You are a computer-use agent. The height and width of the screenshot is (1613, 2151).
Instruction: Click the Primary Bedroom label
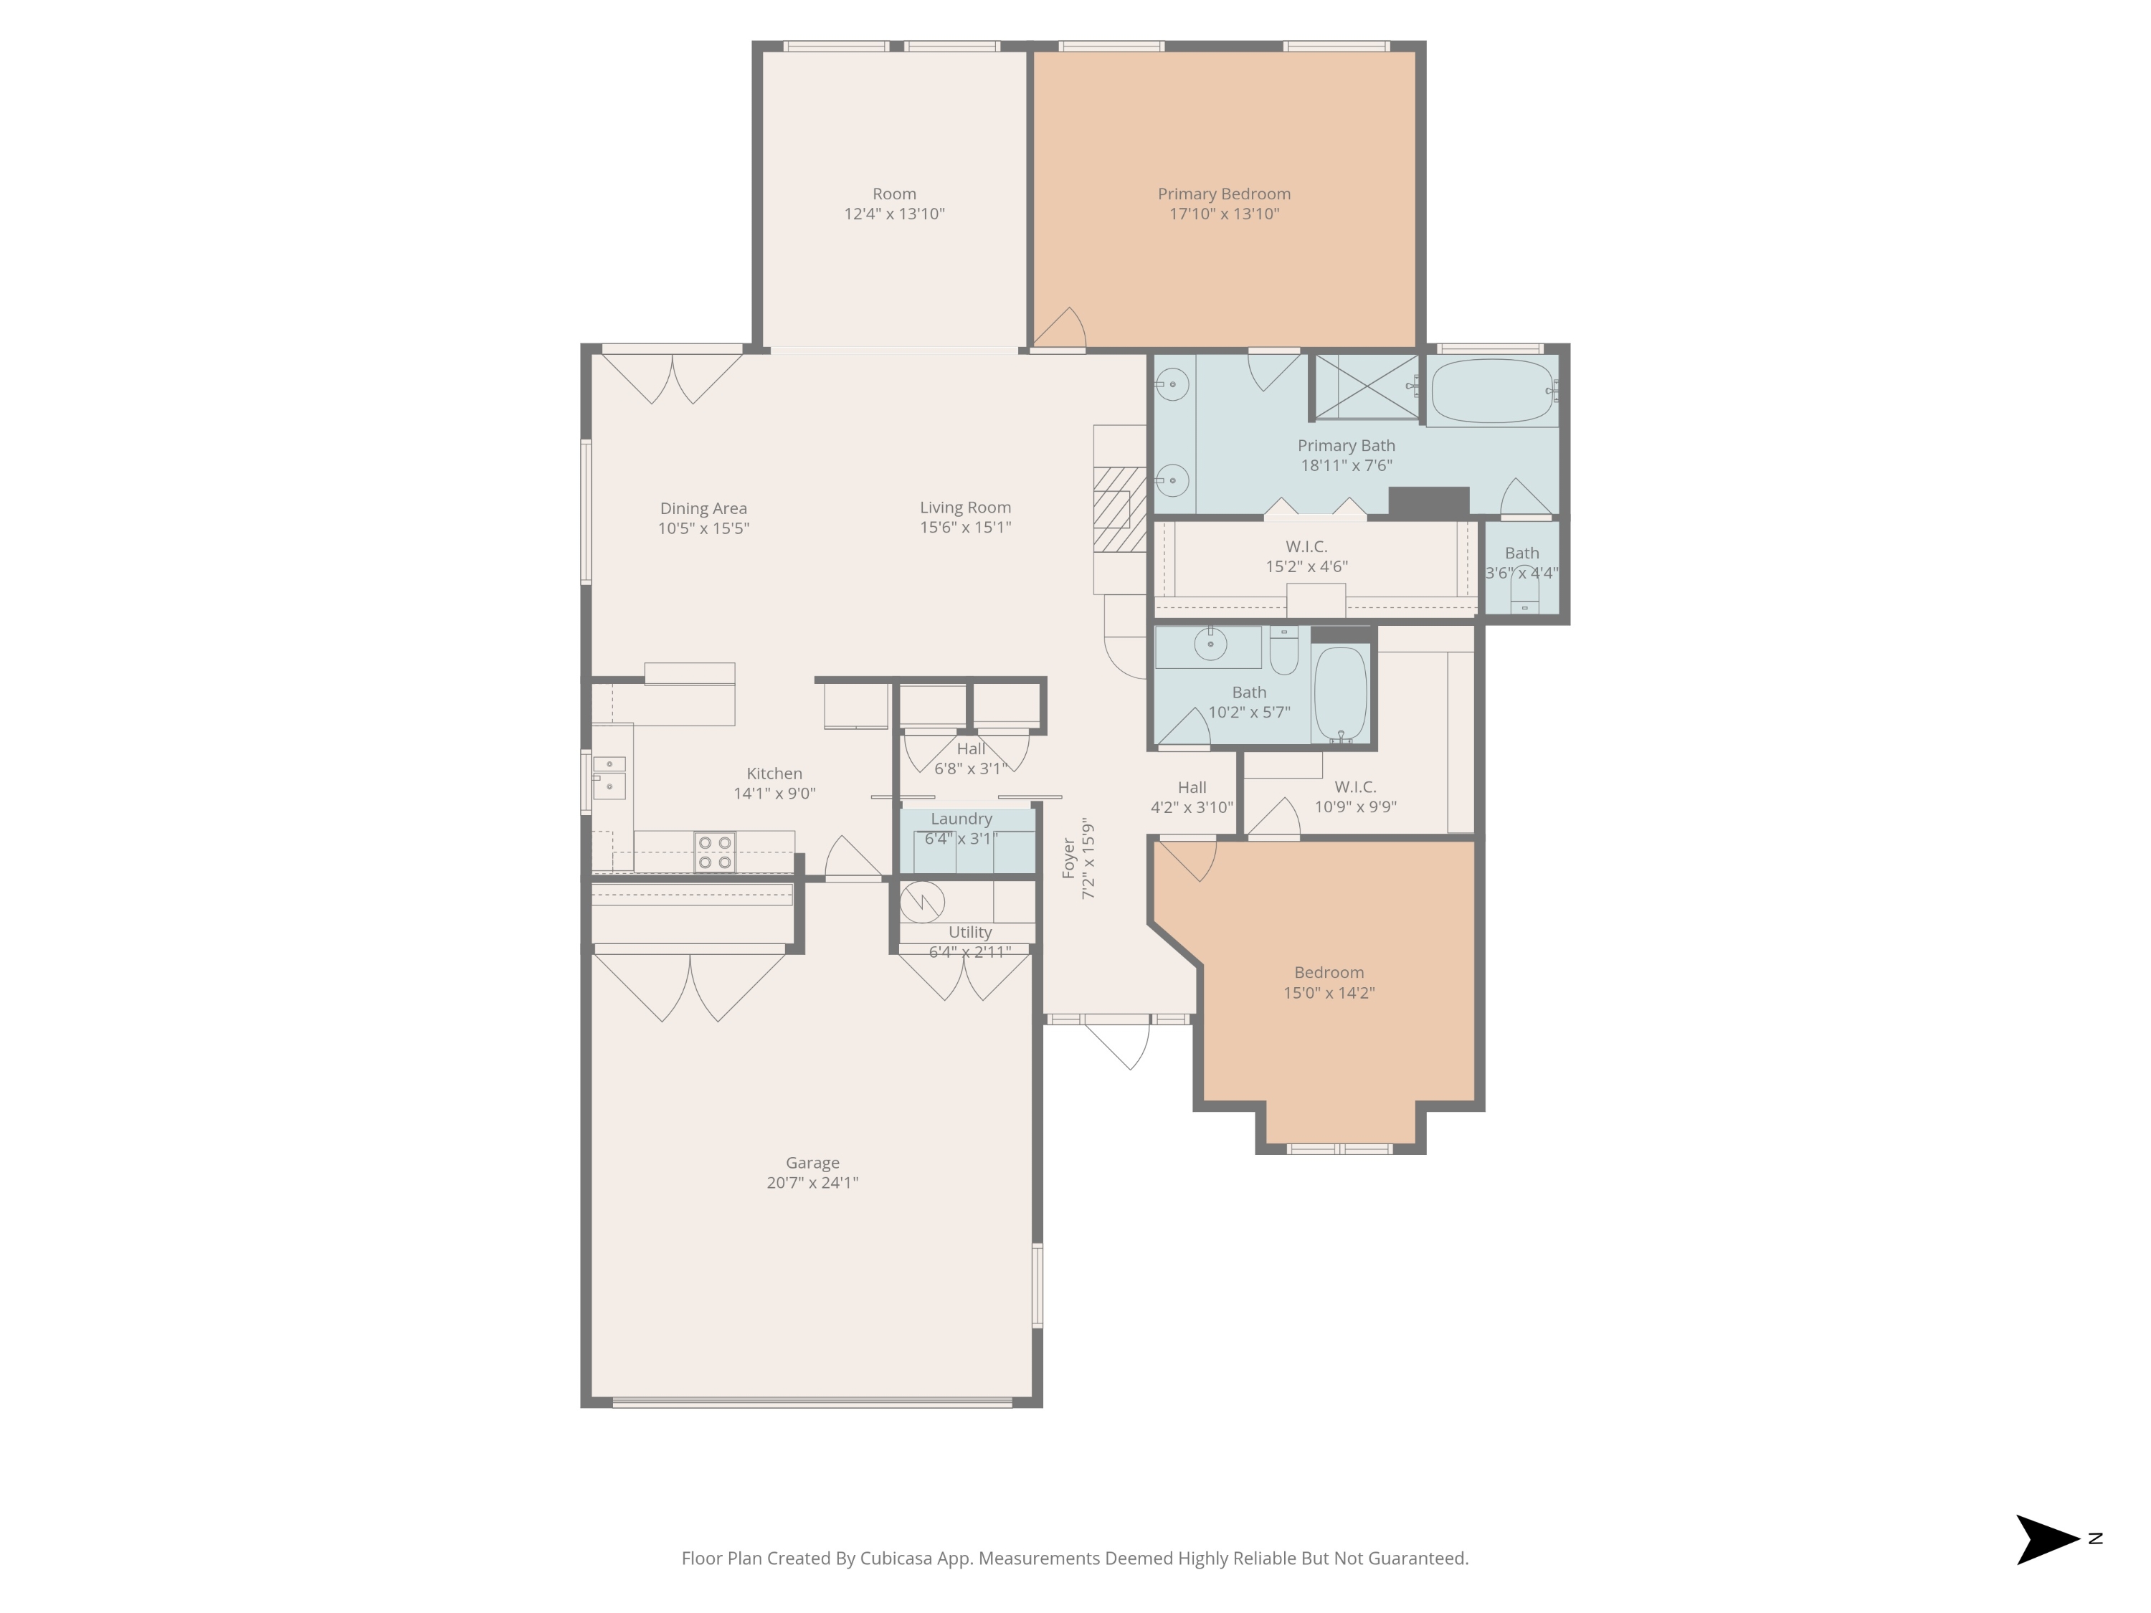[x=1223, y=194]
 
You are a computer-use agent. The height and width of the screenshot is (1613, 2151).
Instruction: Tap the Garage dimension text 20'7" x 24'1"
[x=812, y=1182]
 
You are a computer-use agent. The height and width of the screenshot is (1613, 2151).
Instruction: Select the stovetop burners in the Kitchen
[x=715, y=852]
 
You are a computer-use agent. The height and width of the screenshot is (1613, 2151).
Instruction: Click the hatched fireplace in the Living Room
[x=1119, y=510]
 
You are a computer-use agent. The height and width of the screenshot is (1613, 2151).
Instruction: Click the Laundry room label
[x=961, y=819]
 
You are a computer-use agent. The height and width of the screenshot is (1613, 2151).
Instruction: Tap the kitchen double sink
[x=609, y=777]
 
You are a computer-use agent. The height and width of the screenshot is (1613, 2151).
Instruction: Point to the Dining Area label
[x=703, y=508]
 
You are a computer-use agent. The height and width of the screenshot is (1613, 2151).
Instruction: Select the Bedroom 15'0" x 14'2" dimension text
[x=1329, y=993]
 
